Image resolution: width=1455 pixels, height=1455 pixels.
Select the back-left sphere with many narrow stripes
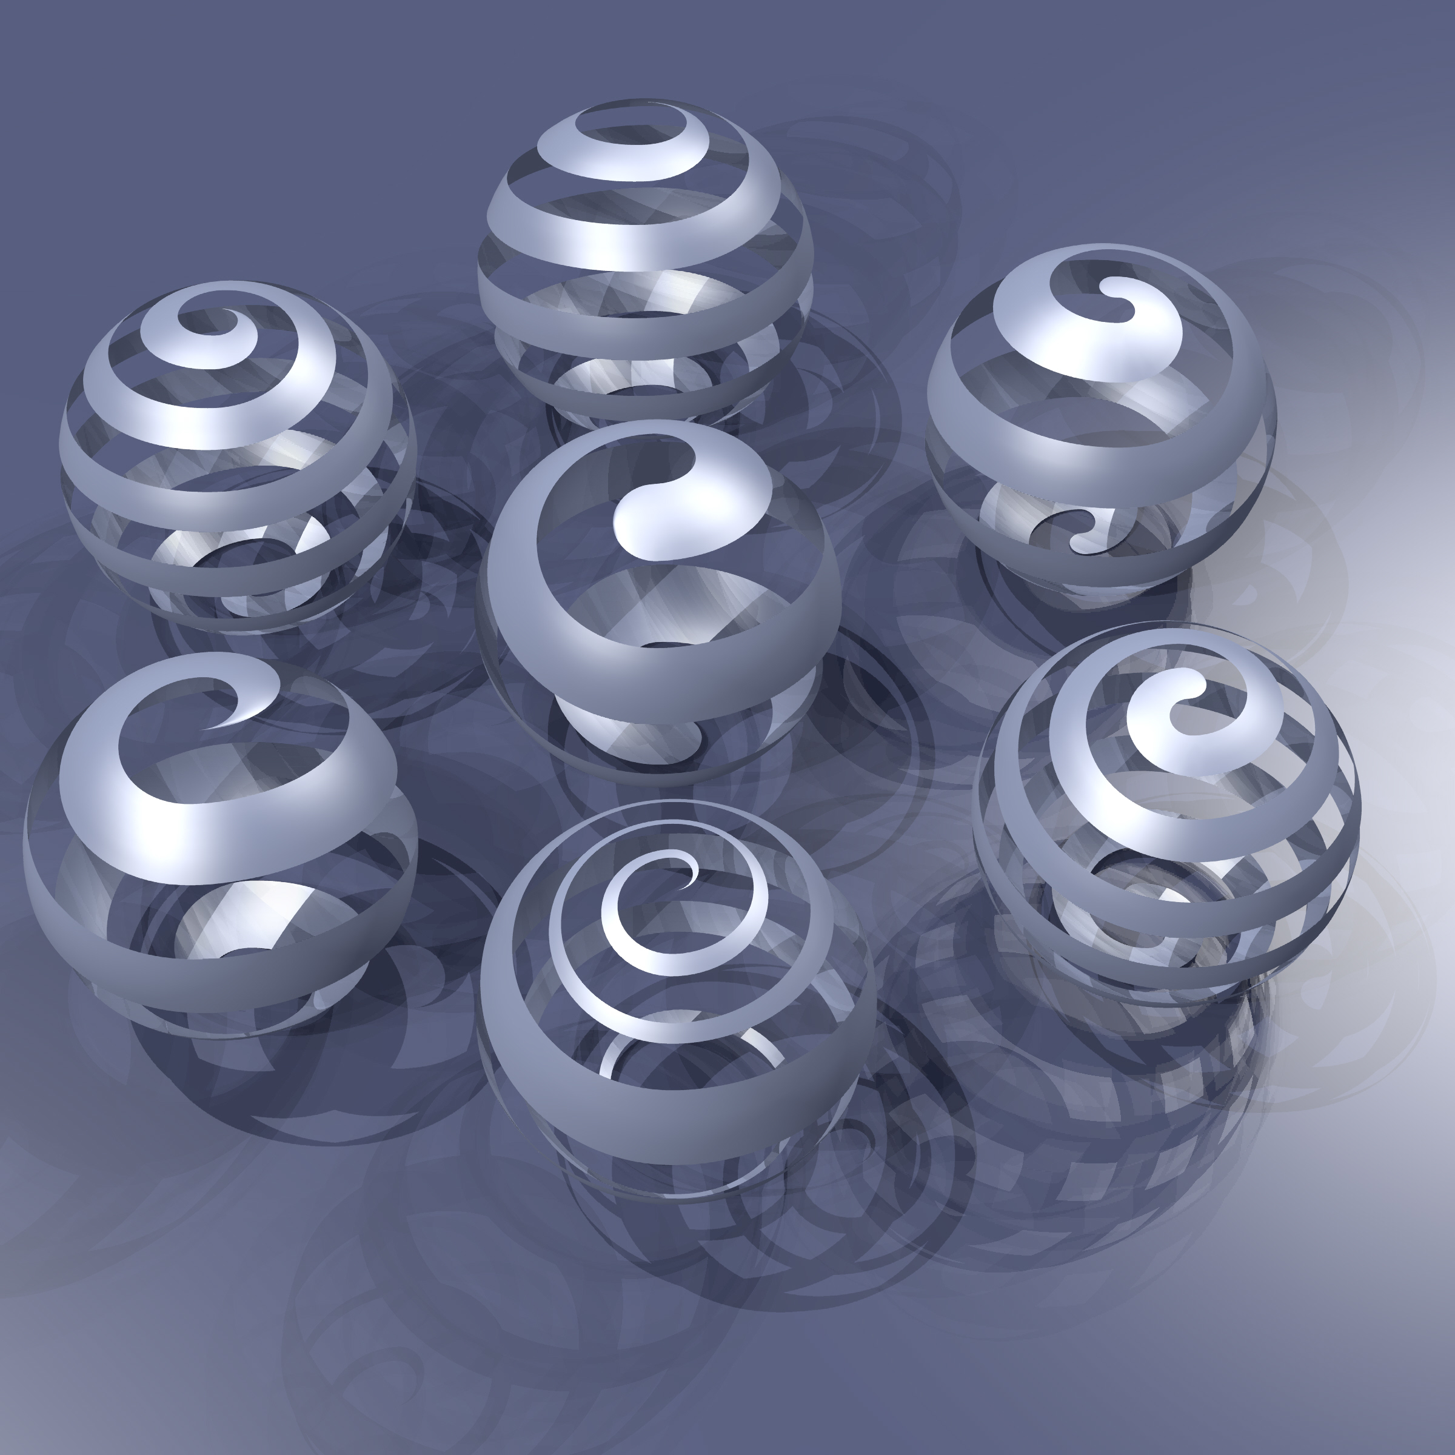[x=237, y=460]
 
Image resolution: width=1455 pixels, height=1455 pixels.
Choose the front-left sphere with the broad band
[x=218, y=843]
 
